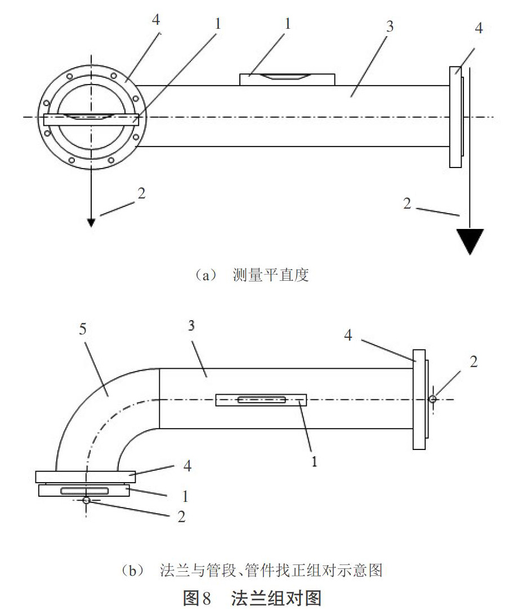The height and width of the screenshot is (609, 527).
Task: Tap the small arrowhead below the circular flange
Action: point(91,223)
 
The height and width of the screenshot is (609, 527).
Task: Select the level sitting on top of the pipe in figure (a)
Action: point(287,80)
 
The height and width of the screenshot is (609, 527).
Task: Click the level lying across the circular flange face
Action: point(91,119)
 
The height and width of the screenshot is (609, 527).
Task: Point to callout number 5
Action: point(83,329)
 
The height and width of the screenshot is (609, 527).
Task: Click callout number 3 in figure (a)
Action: point(390,27)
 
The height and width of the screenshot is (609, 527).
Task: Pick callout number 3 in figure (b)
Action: point(191,325)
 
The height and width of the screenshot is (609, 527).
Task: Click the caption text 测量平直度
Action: point(271,275)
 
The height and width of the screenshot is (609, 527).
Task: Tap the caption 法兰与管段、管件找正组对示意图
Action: point(271,570)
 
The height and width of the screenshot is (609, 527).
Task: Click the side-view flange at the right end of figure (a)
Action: point(457,117)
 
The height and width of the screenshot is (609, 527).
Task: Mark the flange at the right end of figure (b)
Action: point(421,399)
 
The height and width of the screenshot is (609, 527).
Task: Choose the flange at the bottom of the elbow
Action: point(86,477)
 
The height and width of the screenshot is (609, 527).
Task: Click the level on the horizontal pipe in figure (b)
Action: point(261,400)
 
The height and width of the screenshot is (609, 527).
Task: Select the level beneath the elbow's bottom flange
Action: point(84,491)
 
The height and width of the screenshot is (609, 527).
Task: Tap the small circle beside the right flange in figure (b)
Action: point(432,399)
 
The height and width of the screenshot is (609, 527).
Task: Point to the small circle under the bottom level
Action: point(86,500)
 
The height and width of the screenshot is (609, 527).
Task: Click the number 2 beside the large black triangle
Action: point(407,203)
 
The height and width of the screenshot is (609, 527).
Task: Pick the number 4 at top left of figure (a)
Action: point(156,19)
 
